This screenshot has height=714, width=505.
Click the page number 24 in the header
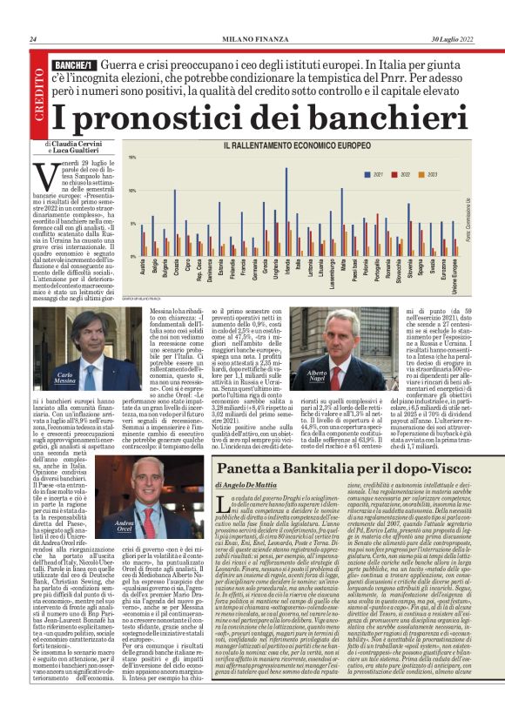point(33,39)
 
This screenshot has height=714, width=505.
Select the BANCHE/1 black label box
point(73,65)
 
